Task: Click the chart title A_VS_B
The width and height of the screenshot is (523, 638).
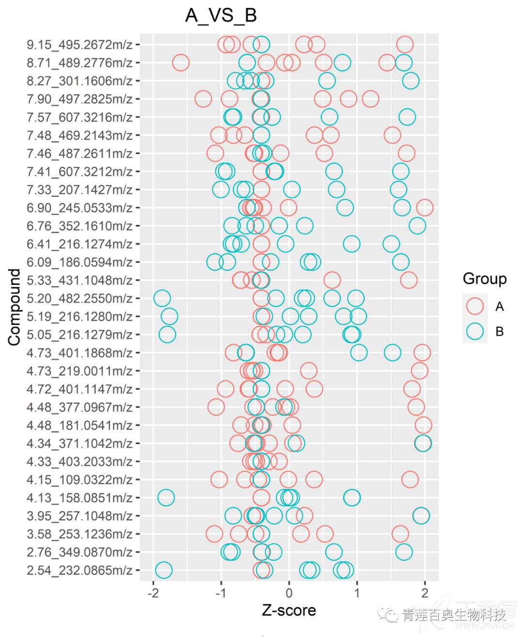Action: pyautogui.click(x=221, y=15)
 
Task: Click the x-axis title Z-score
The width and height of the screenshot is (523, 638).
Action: pyautogui.click(x=289, y=610)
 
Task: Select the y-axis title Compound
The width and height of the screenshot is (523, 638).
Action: pyautogui.click(x=15, y=307)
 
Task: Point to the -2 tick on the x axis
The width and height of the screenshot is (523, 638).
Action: pyautogui.click(x=153, y=593)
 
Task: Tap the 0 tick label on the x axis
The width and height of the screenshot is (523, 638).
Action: pyautogui.click(x=289, y=593)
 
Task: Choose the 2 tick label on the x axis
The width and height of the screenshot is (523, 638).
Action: pyautogui.click(x=425, y=593)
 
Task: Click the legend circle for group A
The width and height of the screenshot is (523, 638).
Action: pyautogui.click(x=475, y=306)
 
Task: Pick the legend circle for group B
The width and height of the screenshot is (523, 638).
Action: pyautogui.click(x=475, y=331)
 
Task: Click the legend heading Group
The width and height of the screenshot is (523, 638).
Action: pyautogui.click(x=484, y=279)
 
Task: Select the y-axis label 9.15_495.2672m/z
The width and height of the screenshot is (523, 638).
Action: pyautogui.click(x=79, y=45)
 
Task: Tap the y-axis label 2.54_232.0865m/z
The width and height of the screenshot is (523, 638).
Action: pyautogui.click(x=79, y=570)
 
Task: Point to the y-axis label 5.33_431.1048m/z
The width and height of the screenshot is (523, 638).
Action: pyautogui.click(x=79, y=280)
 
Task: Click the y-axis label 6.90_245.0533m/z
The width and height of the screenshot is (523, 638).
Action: pyautogui.click(x=79, y=208)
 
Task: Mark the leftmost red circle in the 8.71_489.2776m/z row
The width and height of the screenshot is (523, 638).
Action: pyautogui.click(x=181, y=62)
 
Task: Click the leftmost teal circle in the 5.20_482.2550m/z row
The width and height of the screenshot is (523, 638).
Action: pyautogui.click(x=162, y=298)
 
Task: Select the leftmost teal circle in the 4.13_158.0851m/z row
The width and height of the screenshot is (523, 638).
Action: pyautogui.click(x=166, y=497)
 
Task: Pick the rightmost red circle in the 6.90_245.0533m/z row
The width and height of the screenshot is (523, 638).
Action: pyautogui.click(x=425, y=208)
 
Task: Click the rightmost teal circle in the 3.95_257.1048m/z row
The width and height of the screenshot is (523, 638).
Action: pyautogui.click(x=421, y=516)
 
